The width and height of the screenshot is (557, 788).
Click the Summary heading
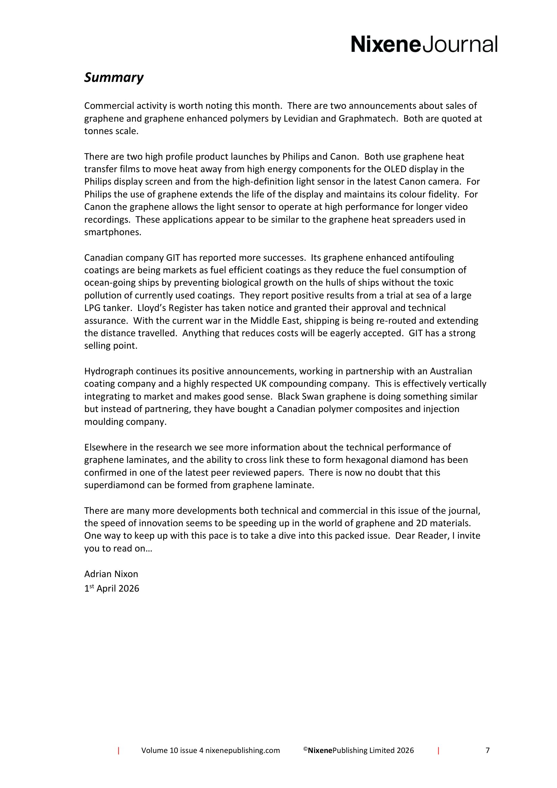(x=114, y=77)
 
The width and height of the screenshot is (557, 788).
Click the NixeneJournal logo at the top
(x=424, y=44)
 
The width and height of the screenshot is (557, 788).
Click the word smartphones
(x=113, y=232)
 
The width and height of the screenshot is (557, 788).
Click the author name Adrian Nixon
(x=111, y=574)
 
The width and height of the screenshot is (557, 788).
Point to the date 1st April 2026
(x=112, y=589)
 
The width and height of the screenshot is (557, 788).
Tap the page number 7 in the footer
(x=487, y=750)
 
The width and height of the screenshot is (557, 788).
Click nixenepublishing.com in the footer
(x=243, y=751)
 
